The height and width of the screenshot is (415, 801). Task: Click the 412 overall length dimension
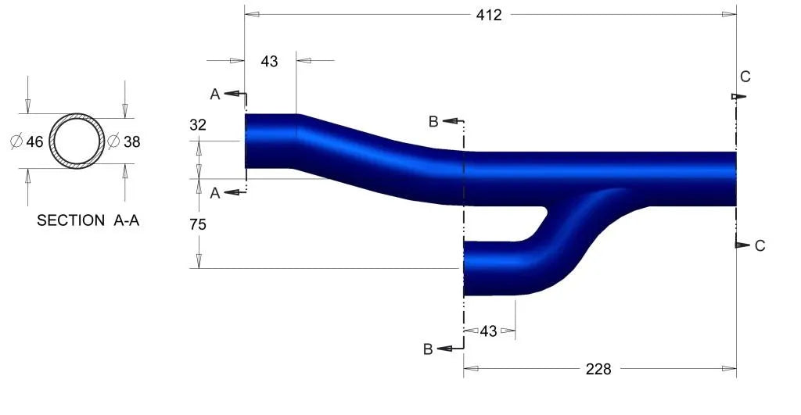click(489, 16)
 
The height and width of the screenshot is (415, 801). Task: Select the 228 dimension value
click(598, 369)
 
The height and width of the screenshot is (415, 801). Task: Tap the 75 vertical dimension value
click(198, 224)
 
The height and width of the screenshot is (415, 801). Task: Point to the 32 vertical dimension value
click(198, 124)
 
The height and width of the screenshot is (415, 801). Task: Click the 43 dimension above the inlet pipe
click(269, 61)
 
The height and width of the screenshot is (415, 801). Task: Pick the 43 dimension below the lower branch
click(488, 331)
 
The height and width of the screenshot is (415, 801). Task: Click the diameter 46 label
click(27, 141)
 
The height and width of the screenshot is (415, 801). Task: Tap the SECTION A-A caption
click(88, 220)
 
